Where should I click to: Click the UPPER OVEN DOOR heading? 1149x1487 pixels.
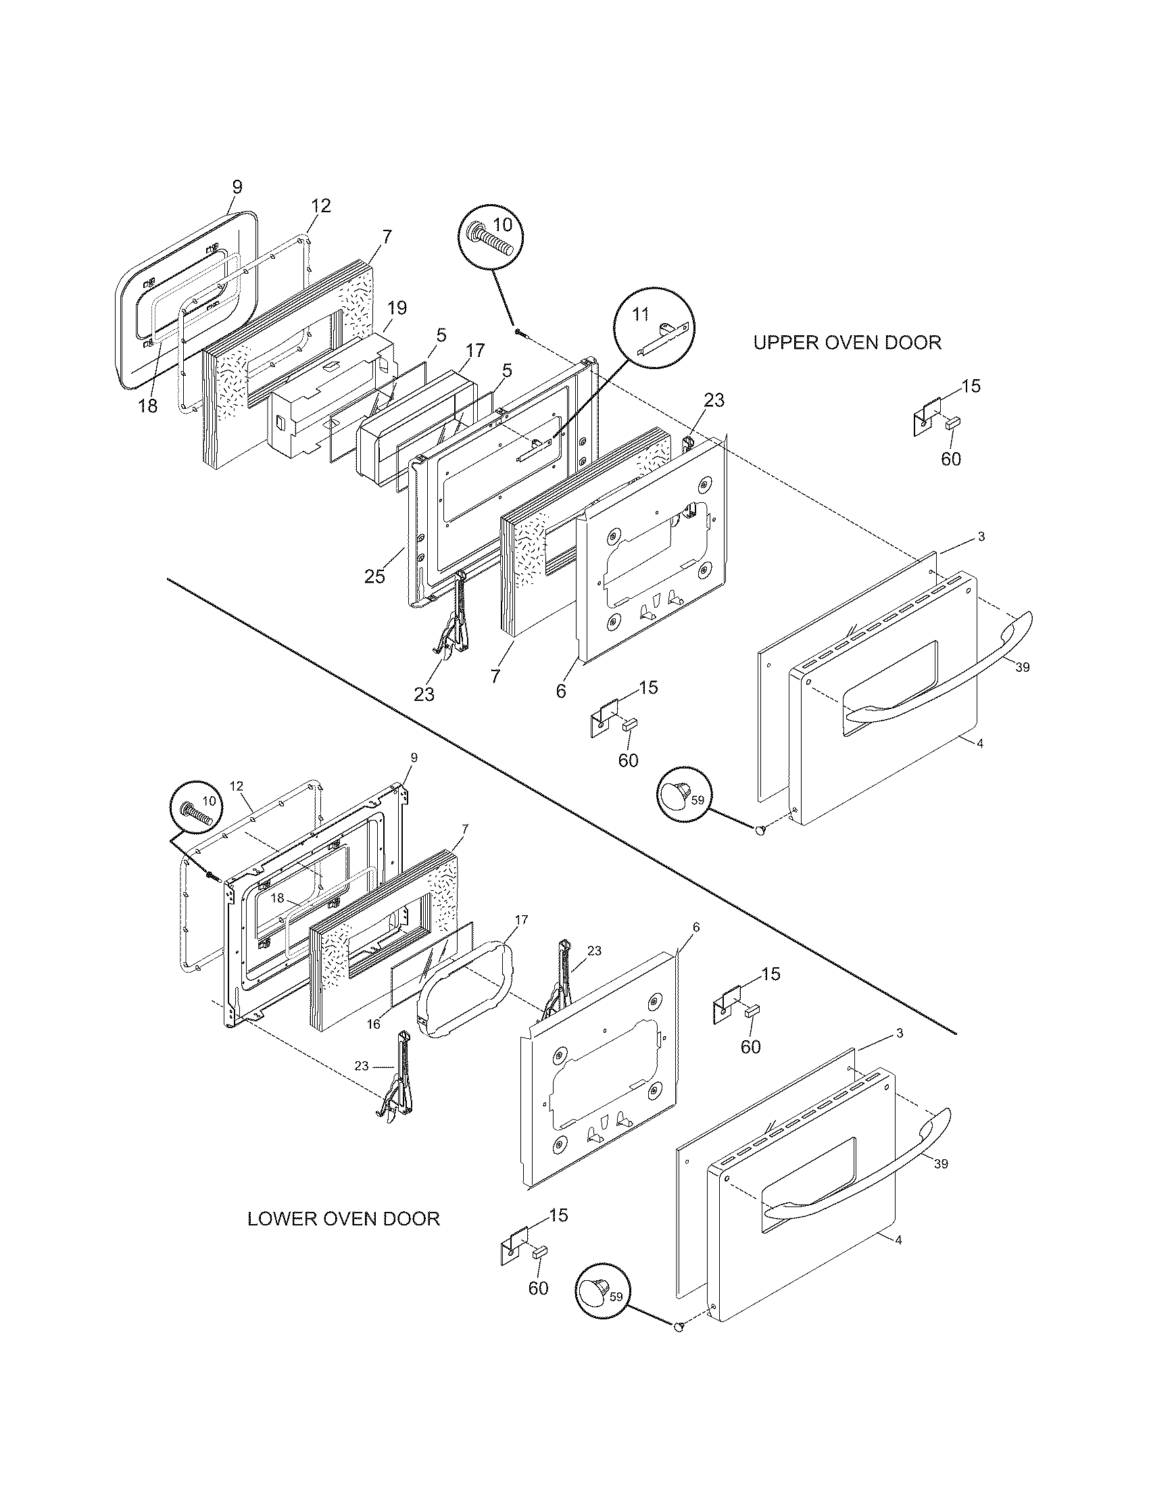click(x=847, y=343)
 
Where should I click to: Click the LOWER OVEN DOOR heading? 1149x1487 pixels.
click(x=343, y=1218)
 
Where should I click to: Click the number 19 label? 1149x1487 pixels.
click(x=397, y=308)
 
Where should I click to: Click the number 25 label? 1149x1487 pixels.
click(x=374, y=576)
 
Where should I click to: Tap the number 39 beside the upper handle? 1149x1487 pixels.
click(x=1023, y=667)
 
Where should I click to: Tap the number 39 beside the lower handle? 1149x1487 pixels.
click(x=941, y=1164)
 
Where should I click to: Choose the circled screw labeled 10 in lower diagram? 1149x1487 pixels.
click(x=197, y=808)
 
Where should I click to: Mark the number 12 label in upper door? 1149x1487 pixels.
click(x=320, y=205)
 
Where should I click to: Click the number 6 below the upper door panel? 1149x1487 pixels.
click(x=560, y=691)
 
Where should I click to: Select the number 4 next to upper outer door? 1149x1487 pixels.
click(x=979, y=744)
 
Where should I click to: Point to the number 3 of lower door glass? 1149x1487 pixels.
click(x=899, y=1052)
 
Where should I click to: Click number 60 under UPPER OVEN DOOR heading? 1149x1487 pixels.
click(x=951, y=459)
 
